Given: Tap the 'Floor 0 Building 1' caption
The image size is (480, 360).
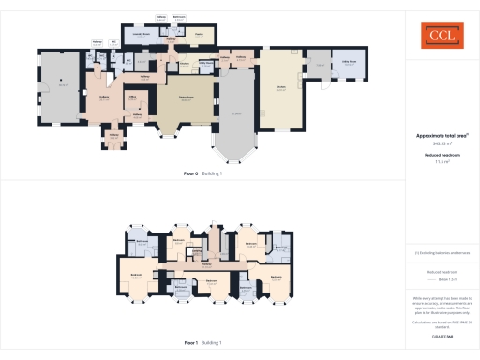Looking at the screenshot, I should [203, 174].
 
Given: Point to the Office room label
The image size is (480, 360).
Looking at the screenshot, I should [133, 97].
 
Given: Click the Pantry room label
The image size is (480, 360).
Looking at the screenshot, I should [199, 36].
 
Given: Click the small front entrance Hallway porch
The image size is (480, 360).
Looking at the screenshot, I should [114, 137].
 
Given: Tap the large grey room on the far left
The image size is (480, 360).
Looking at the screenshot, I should [63, 86].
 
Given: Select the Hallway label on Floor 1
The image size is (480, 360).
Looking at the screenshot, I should [205, 264].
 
